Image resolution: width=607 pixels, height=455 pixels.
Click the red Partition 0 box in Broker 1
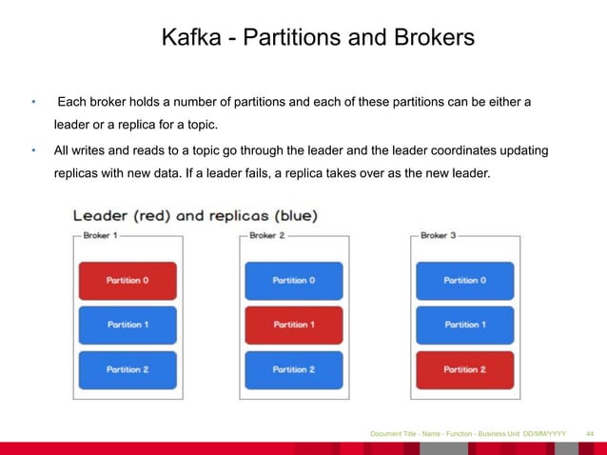tap(127, 281)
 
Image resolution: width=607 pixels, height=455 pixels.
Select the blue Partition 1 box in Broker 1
tap(127, 325)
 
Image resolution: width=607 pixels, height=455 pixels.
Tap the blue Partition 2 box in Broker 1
tap(127, 369)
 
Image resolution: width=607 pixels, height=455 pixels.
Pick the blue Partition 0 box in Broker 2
tap(293, 281)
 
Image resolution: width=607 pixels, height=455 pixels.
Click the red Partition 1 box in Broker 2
tap(293, 325)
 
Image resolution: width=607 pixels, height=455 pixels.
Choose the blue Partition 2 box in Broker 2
tap(293, 369)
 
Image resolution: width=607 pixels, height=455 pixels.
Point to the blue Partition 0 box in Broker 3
tap(464, 281)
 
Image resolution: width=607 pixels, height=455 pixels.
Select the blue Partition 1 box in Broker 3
tap(464, 325)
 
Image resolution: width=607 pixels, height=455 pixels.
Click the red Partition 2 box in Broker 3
tap(464, 369)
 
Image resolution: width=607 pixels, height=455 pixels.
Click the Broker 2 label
tap(266, 235)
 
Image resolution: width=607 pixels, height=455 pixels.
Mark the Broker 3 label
tap(438, 235)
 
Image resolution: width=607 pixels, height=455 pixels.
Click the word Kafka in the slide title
tap(186, 38)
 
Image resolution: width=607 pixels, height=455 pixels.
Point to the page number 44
tap(589, 434)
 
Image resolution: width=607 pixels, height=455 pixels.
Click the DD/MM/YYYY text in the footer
tap(544, 434)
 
